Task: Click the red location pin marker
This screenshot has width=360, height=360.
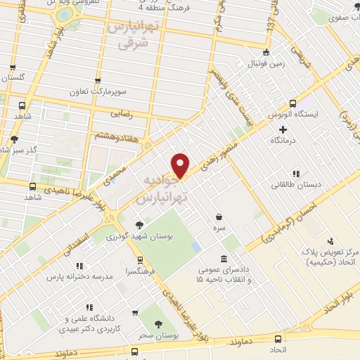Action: click(181, 165)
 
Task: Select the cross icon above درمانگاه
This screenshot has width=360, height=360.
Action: click(283, 129)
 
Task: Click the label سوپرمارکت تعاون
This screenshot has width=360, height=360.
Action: click(98, 92)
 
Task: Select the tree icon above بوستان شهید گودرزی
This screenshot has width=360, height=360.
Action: click(139, 225)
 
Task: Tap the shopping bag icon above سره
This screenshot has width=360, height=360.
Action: click(220, 217)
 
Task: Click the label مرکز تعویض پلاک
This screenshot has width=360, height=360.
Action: click(329, 252)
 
